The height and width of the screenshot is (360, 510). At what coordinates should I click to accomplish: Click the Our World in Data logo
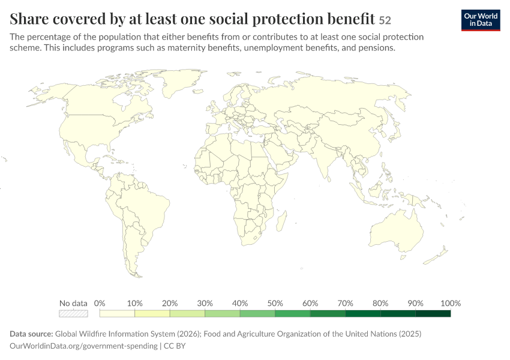[481, 20]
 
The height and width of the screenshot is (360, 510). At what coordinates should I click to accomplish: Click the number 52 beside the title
[385, 20]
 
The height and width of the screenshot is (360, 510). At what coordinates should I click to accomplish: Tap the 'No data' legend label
[73, 303]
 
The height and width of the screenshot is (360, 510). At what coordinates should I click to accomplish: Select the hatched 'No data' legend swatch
[73, 313]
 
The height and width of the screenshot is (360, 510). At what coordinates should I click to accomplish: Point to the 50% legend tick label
[275, 303]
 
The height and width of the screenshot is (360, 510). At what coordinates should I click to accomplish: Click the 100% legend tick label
[451, 303]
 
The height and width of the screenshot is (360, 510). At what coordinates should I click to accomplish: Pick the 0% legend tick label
[100, 303]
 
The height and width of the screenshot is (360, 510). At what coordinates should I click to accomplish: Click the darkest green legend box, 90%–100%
[433, 313]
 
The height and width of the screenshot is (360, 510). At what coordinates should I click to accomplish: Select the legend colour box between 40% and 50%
[257, 313]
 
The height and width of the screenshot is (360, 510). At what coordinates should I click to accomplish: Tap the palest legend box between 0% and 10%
[117, 313]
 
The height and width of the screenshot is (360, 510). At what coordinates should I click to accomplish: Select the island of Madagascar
[281, 221]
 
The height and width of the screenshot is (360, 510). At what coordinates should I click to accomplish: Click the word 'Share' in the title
[29, 19]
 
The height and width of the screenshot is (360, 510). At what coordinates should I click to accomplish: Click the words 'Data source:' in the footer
[31, 334]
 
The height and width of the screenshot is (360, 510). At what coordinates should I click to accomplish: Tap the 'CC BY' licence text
[175, 346]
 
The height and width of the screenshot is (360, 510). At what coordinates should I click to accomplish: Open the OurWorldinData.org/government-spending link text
[83, 346]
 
